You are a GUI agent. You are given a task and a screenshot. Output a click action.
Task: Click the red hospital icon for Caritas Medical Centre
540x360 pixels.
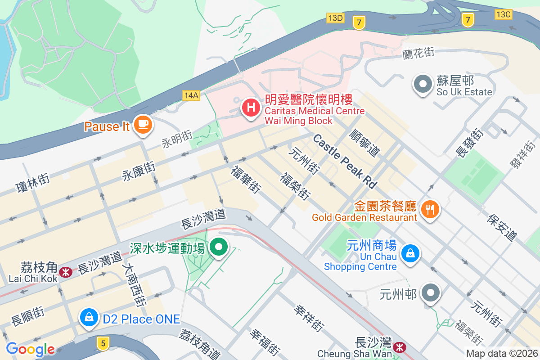251,108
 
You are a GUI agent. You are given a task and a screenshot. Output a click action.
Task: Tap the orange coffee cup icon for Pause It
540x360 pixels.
143,124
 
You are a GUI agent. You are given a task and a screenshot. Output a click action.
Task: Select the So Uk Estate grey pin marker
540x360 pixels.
423,84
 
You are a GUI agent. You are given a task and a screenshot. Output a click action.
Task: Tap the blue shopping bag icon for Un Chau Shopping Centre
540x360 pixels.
410,253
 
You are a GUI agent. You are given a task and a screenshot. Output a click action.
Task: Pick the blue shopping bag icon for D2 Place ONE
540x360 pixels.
89,318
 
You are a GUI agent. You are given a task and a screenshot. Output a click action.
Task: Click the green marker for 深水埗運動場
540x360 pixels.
219,247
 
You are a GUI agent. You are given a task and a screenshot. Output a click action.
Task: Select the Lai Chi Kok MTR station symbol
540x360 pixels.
66,272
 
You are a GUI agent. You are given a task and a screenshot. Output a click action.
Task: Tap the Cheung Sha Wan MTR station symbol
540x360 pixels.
399,347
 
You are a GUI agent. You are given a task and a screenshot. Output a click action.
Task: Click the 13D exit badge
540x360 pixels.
335,18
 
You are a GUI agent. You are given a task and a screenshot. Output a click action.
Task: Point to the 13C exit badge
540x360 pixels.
503,14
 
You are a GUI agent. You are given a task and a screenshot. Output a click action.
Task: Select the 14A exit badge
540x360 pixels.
191,95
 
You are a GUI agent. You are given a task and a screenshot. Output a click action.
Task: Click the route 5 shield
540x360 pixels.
103,343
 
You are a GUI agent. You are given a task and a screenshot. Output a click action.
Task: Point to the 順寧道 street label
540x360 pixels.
365,143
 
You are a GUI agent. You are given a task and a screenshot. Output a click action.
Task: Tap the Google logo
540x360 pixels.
30,349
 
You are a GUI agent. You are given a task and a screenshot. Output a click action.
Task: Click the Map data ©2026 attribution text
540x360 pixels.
502,354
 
